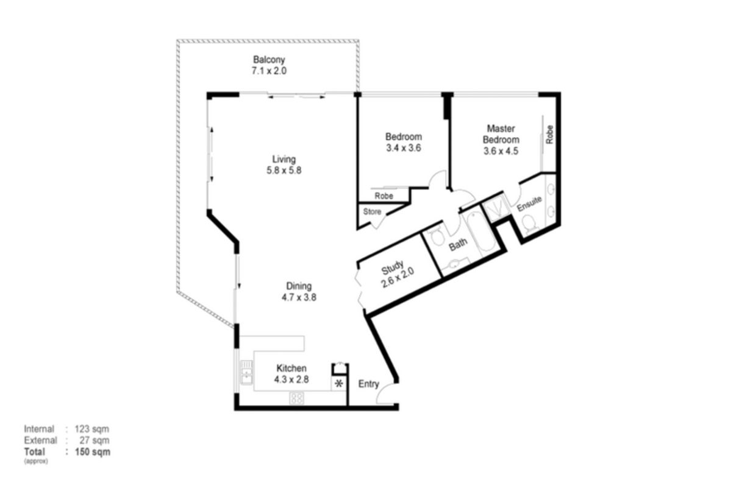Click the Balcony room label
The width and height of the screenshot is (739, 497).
click(269, 60)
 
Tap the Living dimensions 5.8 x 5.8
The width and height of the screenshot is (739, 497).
click(284, 171)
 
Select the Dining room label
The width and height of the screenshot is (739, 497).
click(299, 286)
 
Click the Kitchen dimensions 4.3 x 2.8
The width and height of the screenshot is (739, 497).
click(291, 379)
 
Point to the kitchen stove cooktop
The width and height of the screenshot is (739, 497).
click(296, 398)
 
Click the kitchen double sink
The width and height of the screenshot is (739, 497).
click(246, 372)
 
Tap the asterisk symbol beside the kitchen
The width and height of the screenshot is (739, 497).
click(339, 384)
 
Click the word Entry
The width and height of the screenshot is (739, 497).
click(368, 384)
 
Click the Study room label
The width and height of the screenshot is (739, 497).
click(392, 267)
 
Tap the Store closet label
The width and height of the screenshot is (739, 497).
click(372, 211)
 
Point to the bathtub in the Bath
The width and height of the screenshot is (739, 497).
click(479, 231)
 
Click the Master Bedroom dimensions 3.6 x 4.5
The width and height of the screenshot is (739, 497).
click(501, 151)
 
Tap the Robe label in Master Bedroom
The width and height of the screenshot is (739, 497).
click(549, 135)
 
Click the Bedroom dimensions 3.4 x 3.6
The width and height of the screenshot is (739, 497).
click(404, 148)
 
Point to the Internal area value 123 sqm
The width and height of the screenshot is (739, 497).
click(91, 429)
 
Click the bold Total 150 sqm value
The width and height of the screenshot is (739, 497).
click(93, 452)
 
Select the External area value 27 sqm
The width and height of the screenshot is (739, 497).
click(95, 440)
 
